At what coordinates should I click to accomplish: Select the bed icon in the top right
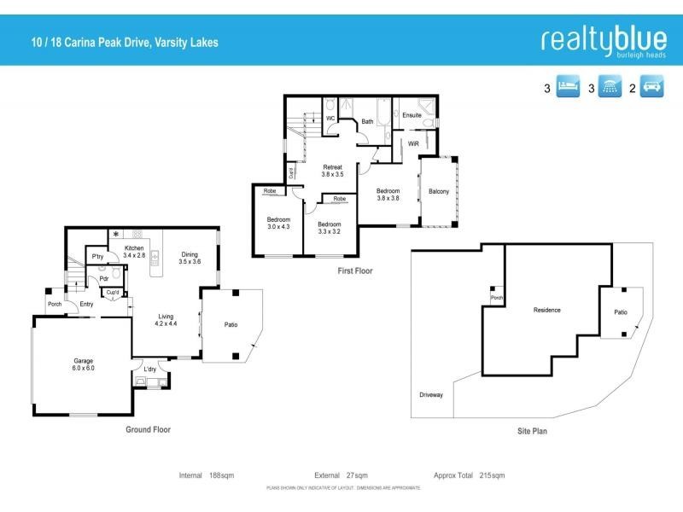pyautogui.click(x=568, y=87)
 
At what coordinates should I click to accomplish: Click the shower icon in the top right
pyautogui.click(x=610, y=87)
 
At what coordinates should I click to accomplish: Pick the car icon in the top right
pyautogui.click(x=652, y=87)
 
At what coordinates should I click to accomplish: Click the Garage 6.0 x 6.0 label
pyautogui.click(x=83, y=364)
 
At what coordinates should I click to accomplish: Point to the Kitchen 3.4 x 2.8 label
pyautogui.click(x=134, y=251)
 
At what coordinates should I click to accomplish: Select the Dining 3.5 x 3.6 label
pyautogui.click(x=190, y=258)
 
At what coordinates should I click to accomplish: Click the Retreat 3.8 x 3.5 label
pyautogui.click(x=332, y=171)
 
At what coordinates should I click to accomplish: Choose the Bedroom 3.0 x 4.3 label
pyautogui.click(x=278, y=223)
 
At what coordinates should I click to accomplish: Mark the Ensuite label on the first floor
pyautogui.click(x=412, y=114)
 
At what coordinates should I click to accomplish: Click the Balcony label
pyautogui.click(x=439, y=191)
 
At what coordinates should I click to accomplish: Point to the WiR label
pyautogui.click(x=413, y=144)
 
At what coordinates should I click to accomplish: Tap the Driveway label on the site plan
pyautogui.click(x=431, y=395)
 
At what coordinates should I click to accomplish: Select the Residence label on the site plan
pyautogui.click(x=546, y=310)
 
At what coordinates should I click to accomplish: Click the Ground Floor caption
pyautogui.click(x=148, y=430)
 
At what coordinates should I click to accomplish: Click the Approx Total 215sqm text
pyautogui.click(x=469, y=475)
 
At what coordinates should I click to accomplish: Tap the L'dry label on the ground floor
pyautogui.click(x=150, y=369)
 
